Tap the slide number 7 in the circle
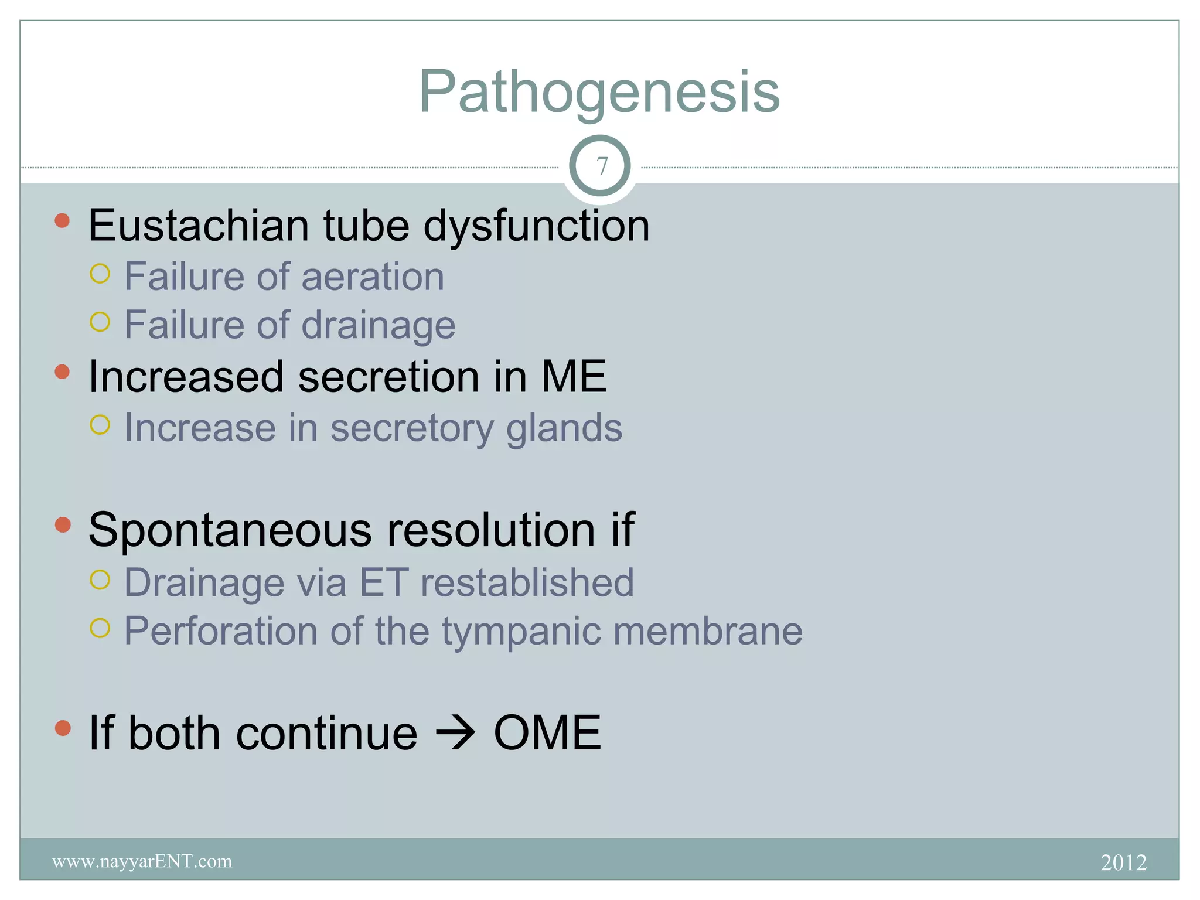click(x=601, y=166)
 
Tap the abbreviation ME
click(x=574, y=376)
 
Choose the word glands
click(x=564, y=428)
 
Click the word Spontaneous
click(x=230, y=530)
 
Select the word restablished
click(x=527, y=582)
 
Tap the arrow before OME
click(x=455, y=733)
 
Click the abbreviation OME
click(x=547, y=732)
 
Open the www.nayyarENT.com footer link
click(x=142, y=861)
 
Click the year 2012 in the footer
click(x=1123, y=862)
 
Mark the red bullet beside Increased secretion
click(x=62, y=371)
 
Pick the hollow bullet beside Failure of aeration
click(x=100, y=274)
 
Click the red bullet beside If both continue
click(x=62, y=728)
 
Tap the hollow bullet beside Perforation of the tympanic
click(x=100, y=628)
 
